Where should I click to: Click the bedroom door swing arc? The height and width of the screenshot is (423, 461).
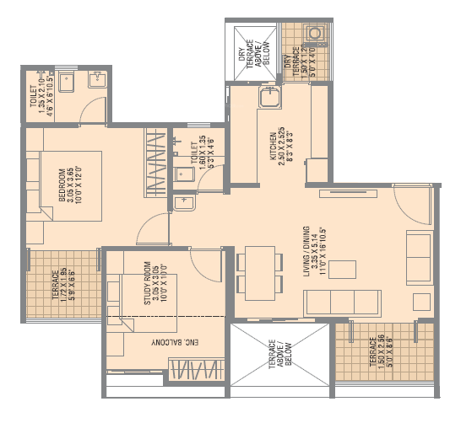pos(152,226)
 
